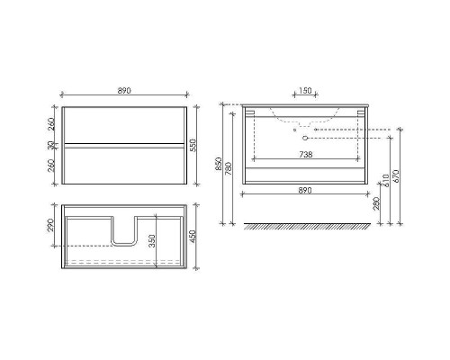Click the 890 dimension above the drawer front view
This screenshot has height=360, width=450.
124,91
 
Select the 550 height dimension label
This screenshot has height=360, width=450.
193,145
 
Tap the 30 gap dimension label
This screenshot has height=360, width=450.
51,145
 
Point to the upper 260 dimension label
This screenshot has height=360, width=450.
51,124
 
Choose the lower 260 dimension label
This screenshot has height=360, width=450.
51,166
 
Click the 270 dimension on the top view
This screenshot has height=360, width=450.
51,225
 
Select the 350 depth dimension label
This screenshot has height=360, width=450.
152,241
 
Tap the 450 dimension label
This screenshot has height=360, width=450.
193,237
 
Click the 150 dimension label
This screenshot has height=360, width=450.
305,90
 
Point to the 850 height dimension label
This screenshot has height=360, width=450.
219,164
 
